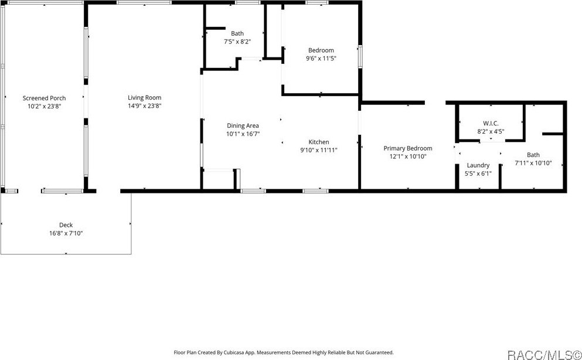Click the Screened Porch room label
pos(44,98)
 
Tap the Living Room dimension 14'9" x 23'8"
pos(145,106)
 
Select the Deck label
pos(66,225)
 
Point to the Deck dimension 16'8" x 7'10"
pos(66,233)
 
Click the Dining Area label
pos(243,125)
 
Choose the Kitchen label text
pos(319,142)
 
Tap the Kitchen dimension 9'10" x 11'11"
pos(319,150)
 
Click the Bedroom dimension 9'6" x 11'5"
pos(321,59)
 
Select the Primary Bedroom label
pos(407,148)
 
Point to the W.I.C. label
pos(490,123)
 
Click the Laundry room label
pos(478,165)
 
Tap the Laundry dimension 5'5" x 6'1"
pos(478,174)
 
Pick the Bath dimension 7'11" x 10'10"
pos(533,163)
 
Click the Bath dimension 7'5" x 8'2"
pos(237,42)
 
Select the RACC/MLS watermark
pos(544,354)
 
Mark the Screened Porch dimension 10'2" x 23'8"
pos(44,106)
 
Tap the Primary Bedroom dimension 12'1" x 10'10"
pos(407,157)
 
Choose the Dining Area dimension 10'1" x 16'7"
pos(243,134)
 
